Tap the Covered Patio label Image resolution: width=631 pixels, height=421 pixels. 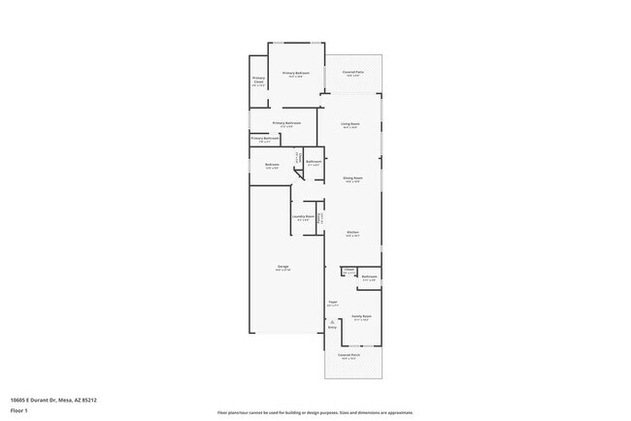pos(352,74)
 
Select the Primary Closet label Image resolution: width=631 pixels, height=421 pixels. pos(259,81)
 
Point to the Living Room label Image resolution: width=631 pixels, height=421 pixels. pos(350,124)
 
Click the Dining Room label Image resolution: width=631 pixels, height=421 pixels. pos(352,178)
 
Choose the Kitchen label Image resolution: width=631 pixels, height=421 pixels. pos(353,233)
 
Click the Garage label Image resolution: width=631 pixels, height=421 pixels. pos(282,267)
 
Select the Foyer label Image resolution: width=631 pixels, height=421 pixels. pos(332,303)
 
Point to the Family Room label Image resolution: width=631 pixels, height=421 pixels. pos(362,316)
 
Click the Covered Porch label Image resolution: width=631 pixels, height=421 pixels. pos(350,356)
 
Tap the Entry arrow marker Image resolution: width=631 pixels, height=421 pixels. pos(332,320)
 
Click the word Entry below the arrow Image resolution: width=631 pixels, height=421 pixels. pos(332,328)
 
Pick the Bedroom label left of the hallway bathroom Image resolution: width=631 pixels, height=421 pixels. pos(272,165)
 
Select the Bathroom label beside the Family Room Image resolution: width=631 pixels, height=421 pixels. pos(369,277)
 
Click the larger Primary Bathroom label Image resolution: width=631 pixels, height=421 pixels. pos(286,123)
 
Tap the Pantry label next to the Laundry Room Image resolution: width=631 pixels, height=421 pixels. pos(320,220)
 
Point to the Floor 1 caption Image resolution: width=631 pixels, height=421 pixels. pos(19,410)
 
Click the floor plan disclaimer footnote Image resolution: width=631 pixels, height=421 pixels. pos(315,411)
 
